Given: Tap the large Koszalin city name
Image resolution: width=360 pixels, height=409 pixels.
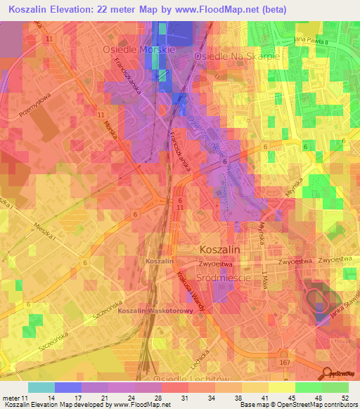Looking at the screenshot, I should pyautogui.click(x=220, y=249).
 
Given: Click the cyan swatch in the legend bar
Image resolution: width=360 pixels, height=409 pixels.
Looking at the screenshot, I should pyautogui.click(x=41, y=387).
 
